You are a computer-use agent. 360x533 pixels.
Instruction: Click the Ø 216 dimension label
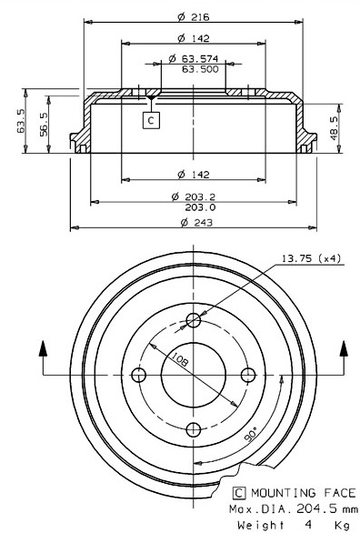coord(194,16)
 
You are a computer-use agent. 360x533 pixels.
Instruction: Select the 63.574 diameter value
coord(200,59)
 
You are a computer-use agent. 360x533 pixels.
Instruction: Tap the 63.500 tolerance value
coord(200,69)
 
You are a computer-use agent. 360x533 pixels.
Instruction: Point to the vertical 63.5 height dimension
coord(21,121)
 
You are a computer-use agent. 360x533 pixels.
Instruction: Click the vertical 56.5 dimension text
coord(45,124)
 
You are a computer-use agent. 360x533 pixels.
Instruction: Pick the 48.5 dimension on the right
coord(334,128)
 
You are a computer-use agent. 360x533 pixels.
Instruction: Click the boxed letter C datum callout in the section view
coord(151,120)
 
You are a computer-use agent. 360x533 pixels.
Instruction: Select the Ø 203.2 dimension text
coord(194,196)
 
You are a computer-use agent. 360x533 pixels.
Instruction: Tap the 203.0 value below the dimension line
coord(200,207)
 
